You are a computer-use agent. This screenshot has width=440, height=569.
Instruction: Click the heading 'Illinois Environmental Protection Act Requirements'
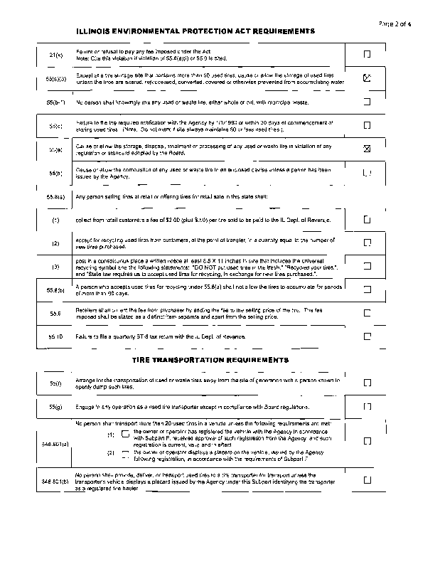(x=195, y=31)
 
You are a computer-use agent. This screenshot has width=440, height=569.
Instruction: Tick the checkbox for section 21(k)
(x=367, y=54)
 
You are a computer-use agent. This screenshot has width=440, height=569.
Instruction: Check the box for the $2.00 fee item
(x=367, y=220)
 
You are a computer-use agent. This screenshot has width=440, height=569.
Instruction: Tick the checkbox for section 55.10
(x=367, y=335)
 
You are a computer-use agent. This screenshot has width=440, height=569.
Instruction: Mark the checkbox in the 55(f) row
(x=367, y=383)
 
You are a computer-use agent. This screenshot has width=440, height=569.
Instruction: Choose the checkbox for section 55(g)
(x=367, y=406)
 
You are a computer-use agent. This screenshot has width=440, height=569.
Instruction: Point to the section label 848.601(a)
(x=55, y=443)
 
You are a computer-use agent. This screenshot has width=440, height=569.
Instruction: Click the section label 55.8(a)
(x=55, y=196)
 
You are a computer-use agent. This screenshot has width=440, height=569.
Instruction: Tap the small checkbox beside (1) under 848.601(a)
(x=125, y=434)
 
